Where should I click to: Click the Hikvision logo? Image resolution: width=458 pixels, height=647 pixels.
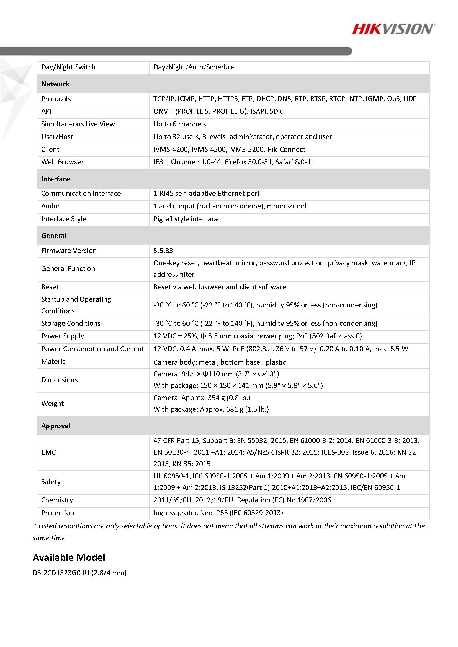pyautogui.click(x=393, y=29)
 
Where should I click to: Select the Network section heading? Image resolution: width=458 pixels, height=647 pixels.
pyautogui.click(x=55, y=84)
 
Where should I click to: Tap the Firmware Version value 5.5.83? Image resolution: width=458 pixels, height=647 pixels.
pyautogui.click(x=163, y=251)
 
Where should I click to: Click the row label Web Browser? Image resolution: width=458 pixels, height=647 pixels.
pyautogui.click(x=62, y=162)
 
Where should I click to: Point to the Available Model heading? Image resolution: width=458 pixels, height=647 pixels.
pyautogui.click(x=69, y=557)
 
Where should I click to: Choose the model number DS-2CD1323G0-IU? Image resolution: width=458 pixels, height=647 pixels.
pyautogui.click(x=61, y=573)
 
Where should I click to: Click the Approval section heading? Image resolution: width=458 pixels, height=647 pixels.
pyautogui.click(x=56, y=426)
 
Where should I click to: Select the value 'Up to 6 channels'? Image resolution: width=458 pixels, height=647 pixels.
pyautogui.click(x=179, y=124)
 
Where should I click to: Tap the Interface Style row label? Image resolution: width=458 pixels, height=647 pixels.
pyautogui.click(x=63, y=219)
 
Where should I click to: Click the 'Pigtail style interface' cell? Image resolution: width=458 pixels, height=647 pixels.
pyautogui.click(x=186, y=219)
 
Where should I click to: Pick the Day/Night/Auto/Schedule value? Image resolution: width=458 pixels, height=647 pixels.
pyautogui.click(x=194, y=67)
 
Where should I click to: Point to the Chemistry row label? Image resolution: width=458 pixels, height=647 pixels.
pyautogui.click(x=57, y=500)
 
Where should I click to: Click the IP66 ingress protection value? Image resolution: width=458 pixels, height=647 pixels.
pyautogui.click(x=218, y=513)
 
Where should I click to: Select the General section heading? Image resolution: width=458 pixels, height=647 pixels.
pyautogui.click(x=54, y=236)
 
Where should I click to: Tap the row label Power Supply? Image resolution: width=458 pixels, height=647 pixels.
pyautogui.click(x=62, y=336)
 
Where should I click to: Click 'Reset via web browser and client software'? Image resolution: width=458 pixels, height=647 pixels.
pyautogui.click(x=220, y=287)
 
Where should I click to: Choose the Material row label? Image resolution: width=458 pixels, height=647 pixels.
pyautogui.click(x=55, y=362)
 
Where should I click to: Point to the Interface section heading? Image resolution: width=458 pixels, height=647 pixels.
pyautogui.click(x=55, y=179)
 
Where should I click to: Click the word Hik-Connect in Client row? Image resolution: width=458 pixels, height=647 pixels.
pyautogui.click(x=286, y=149)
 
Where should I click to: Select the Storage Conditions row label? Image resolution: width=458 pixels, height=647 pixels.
pyautogui.click(x=71, y=323)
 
